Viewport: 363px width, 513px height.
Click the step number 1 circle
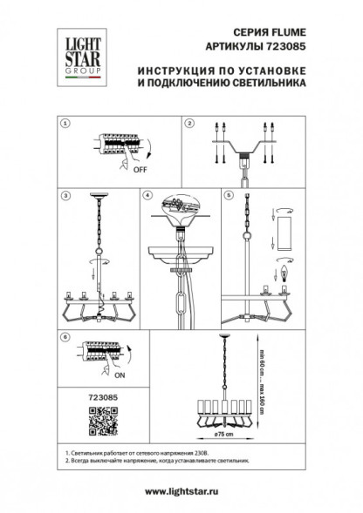point(63,125)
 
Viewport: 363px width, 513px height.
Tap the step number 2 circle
point(188,125)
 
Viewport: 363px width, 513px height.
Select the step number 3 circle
point(63,196)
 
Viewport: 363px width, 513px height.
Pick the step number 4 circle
point(147,196)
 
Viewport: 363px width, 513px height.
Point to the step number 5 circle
point(228,196)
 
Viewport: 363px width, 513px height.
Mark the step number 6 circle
point(63,335)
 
